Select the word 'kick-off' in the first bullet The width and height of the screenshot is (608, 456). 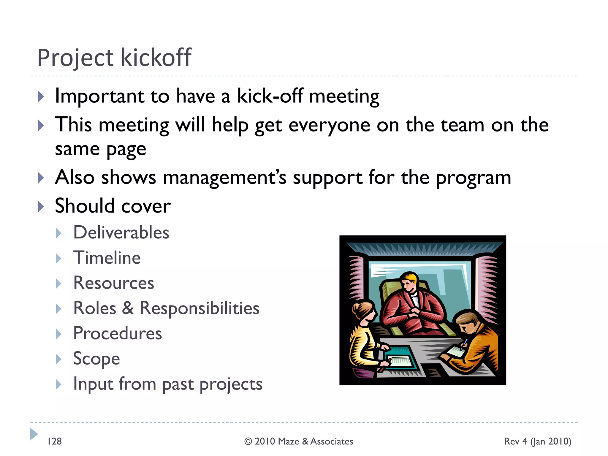coord(270,96)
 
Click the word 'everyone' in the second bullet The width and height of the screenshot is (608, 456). coord(329,125)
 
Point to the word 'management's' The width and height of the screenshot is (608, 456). coord(224,178)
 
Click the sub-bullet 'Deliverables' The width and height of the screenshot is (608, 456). coord(121,232)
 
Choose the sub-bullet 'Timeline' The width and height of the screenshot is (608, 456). coord(107,258)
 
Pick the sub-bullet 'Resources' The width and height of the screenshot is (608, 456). coord(114,283)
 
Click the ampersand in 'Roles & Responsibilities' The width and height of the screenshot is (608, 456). coord(128,308)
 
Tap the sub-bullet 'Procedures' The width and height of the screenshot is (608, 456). coord(118,333)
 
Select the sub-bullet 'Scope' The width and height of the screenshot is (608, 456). coord(96,359)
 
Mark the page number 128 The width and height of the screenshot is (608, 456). coord(55,441)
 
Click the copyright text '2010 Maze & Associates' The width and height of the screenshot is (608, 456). coord(304,441)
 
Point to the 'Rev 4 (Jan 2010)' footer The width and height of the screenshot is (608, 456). coord(537,441)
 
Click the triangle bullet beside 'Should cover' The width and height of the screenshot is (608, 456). coord(41,206)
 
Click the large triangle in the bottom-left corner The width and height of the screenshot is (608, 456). coord(34,434)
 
